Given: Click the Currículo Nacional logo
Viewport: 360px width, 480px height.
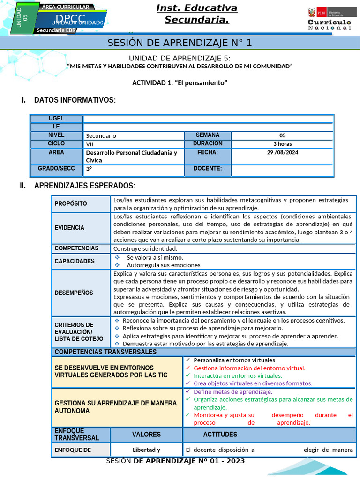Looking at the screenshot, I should pyautogui.click(x=329, y=19).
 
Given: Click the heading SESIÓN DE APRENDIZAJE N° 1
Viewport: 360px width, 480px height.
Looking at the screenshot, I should pyautogui.click(x=180, y=43).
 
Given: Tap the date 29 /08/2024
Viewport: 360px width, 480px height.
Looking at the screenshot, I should pyautogui.click(x=283, y=152).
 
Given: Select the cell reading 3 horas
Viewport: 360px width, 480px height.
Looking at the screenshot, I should pyautogui.click(x=283, y=144).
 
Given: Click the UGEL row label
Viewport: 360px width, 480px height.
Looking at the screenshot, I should pyautogui.click(x=56, y=119).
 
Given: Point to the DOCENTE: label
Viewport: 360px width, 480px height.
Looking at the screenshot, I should pyautogui.click(x=208, y=169).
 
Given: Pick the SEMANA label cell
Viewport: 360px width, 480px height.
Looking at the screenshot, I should pyautogui.click(x=208, y=135).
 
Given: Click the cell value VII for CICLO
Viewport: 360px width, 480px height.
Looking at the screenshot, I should pyautogui.click(x=90, y=144).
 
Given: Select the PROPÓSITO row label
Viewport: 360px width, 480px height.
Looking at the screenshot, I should pyautogui.click(x=71, y=203).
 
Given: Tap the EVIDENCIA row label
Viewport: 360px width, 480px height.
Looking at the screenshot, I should pyautogui.click(x=69, y=228).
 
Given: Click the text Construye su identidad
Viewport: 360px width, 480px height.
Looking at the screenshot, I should pyautogui.click(x=145, y=248).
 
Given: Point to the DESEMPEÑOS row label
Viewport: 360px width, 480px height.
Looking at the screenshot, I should pyautogui.click(x=74, y=293).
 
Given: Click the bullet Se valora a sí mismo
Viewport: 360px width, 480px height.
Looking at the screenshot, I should pyautogui.click(x=155, y=257).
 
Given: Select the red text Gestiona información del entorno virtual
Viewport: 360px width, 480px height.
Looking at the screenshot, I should pyautogui.click(x=249, y=368).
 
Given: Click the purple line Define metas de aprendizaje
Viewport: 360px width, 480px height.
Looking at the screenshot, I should pyautogui.click(x=232, y=392).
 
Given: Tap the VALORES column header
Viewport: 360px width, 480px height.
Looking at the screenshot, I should pyautogui.click(x=146, y=435).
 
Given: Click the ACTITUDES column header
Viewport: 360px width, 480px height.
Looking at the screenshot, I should pyautogui.click(x=220, y=435).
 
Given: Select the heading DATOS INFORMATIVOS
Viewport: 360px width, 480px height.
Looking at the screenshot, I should pyautogui.click(x=75, y=100).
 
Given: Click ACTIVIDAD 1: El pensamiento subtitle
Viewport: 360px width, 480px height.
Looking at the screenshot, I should pyautogui.click(x=180, y=82).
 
